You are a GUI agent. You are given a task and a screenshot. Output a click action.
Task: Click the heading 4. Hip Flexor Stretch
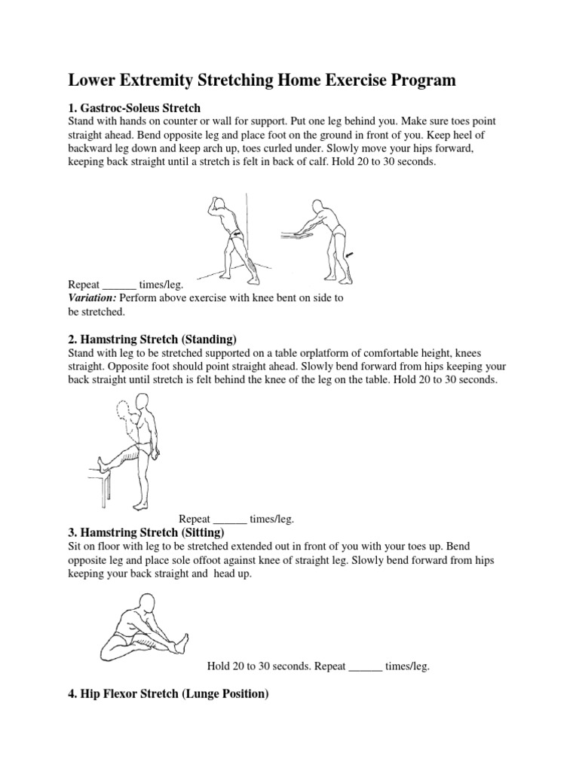(168, 695)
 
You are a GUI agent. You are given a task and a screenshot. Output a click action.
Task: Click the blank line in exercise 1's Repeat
(119, 285)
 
